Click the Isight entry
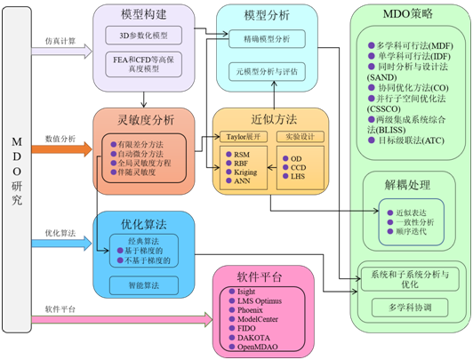(248, 292)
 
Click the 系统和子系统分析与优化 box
(408, 280)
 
